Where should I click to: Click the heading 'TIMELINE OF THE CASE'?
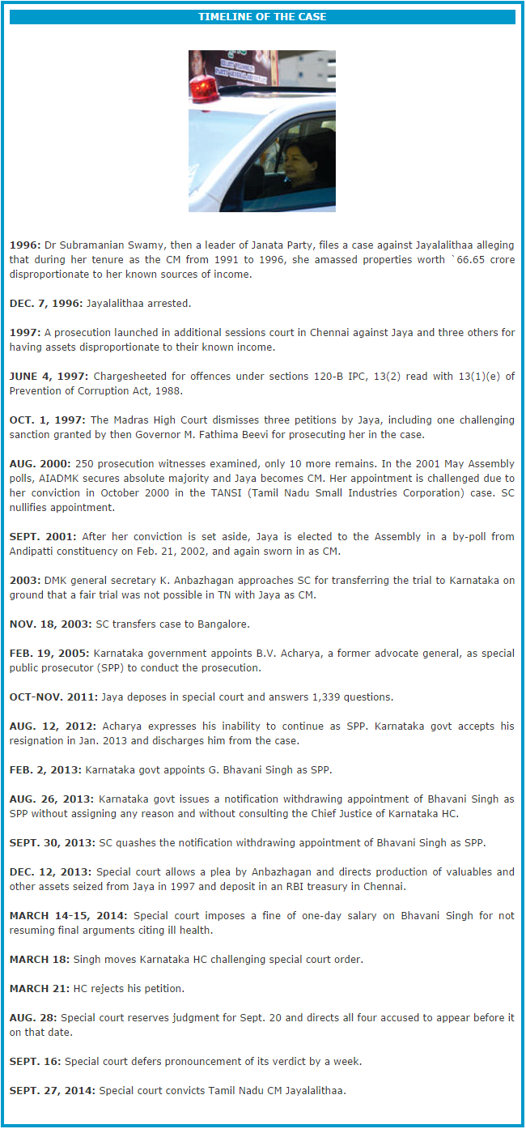262,17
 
